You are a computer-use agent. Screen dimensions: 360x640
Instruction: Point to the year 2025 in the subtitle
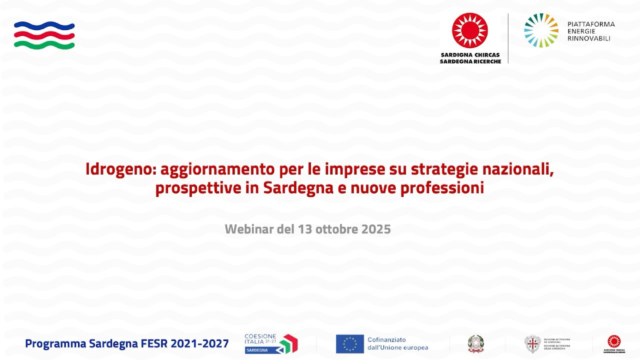click(x=375, y=229)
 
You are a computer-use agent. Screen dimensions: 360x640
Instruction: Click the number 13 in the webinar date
click(x=305, y=229)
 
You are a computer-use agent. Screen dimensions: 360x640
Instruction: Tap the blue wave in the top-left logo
click(x=44, y=26)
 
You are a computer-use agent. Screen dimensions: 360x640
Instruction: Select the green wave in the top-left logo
click(x=44, y=45)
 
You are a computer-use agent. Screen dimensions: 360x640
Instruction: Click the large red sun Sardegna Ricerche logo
click(x=470, y=30)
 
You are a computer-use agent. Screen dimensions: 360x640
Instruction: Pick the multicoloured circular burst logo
click(x=541, y=30)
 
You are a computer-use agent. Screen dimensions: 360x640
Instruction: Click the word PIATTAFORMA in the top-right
click(x=591, y=24)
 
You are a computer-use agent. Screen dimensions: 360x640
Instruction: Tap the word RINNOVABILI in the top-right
click(x=588, y=38)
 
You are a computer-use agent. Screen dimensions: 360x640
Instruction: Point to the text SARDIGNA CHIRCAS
click(x=470, y=55)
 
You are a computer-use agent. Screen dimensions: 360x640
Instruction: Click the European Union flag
click(x=349, y=344)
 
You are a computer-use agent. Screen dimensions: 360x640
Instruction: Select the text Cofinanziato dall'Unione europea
click(x=397, y=344)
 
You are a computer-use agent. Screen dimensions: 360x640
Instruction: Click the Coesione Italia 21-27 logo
click(x=270, y=343)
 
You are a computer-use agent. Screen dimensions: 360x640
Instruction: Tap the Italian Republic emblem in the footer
click(x=476, y=344)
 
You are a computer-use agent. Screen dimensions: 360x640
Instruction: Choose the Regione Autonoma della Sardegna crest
click(x=532, y=344)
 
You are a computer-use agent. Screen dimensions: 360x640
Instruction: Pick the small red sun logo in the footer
click(x=614, y=341)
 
